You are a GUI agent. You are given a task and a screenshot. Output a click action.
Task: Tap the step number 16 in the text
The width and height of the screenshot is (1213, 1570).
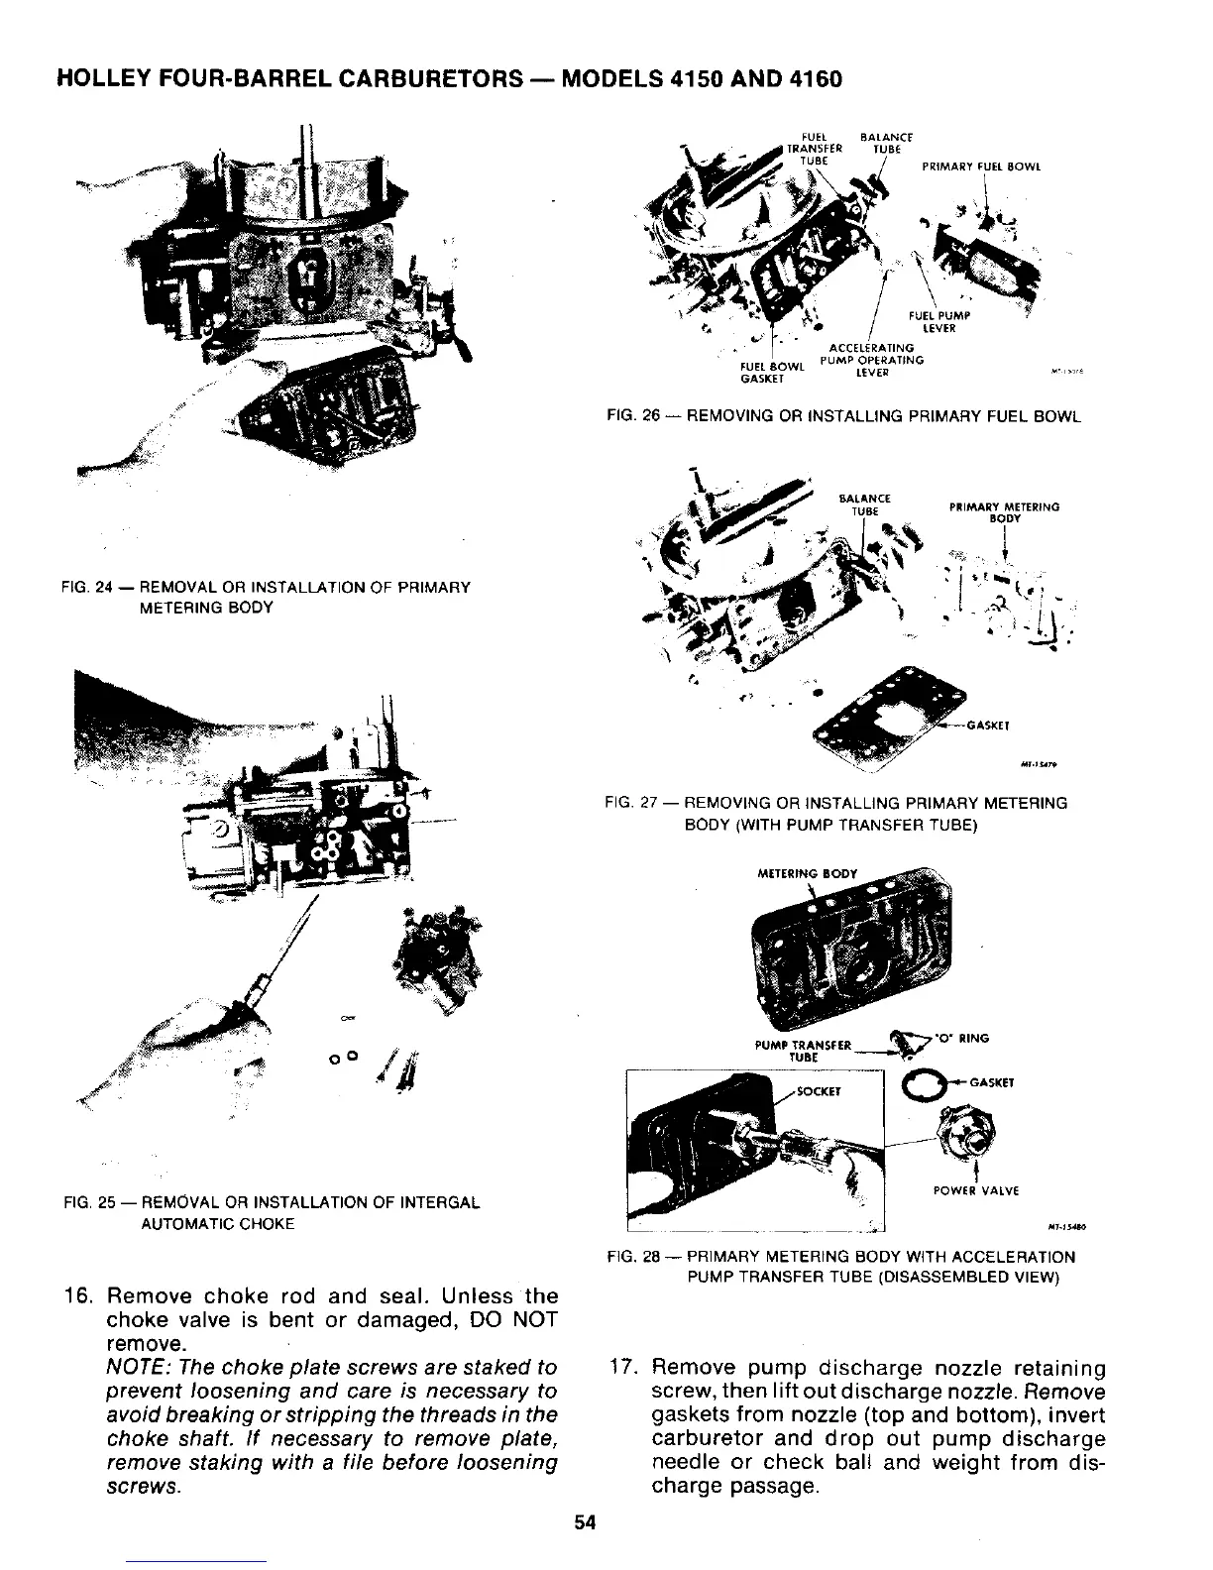pyautogui.click(x=78, y=1296)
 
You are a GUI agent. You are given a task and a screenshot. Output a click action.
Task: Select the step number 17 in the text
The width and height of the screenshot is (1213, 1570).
pyautogui.click(x=624, y=1369)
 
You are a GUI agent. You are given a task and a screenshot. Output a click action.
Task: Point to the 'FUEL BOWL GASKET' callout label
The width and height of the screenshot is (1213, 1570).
pyautogui.click(x=765, y=372)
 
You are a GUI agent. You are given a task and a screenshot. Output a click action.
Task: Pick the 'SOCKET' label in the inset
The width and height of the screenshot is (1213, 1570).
pyautogui.click(x=819, y=1092)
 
